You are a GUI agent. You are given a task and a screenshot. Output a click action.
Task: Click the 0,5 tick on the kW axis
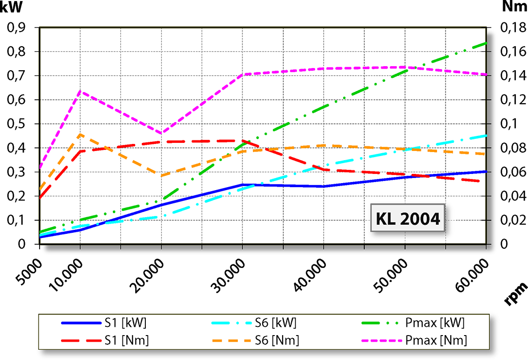pyautogui.click(x=19, y=124)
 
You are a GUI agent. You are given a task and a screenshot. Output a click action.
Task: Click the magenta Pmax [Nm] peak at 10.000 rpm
pyautogui.click(x=80, y=91)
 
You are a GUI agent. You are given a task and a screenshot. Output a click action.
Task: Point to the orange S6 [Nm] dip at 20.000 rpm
pyautogui.click(x=162, y=176)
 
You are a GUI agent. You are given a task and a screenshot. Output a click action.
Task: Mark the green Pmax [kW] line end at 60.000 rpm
pyautogui.click(x=486, y=43)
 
